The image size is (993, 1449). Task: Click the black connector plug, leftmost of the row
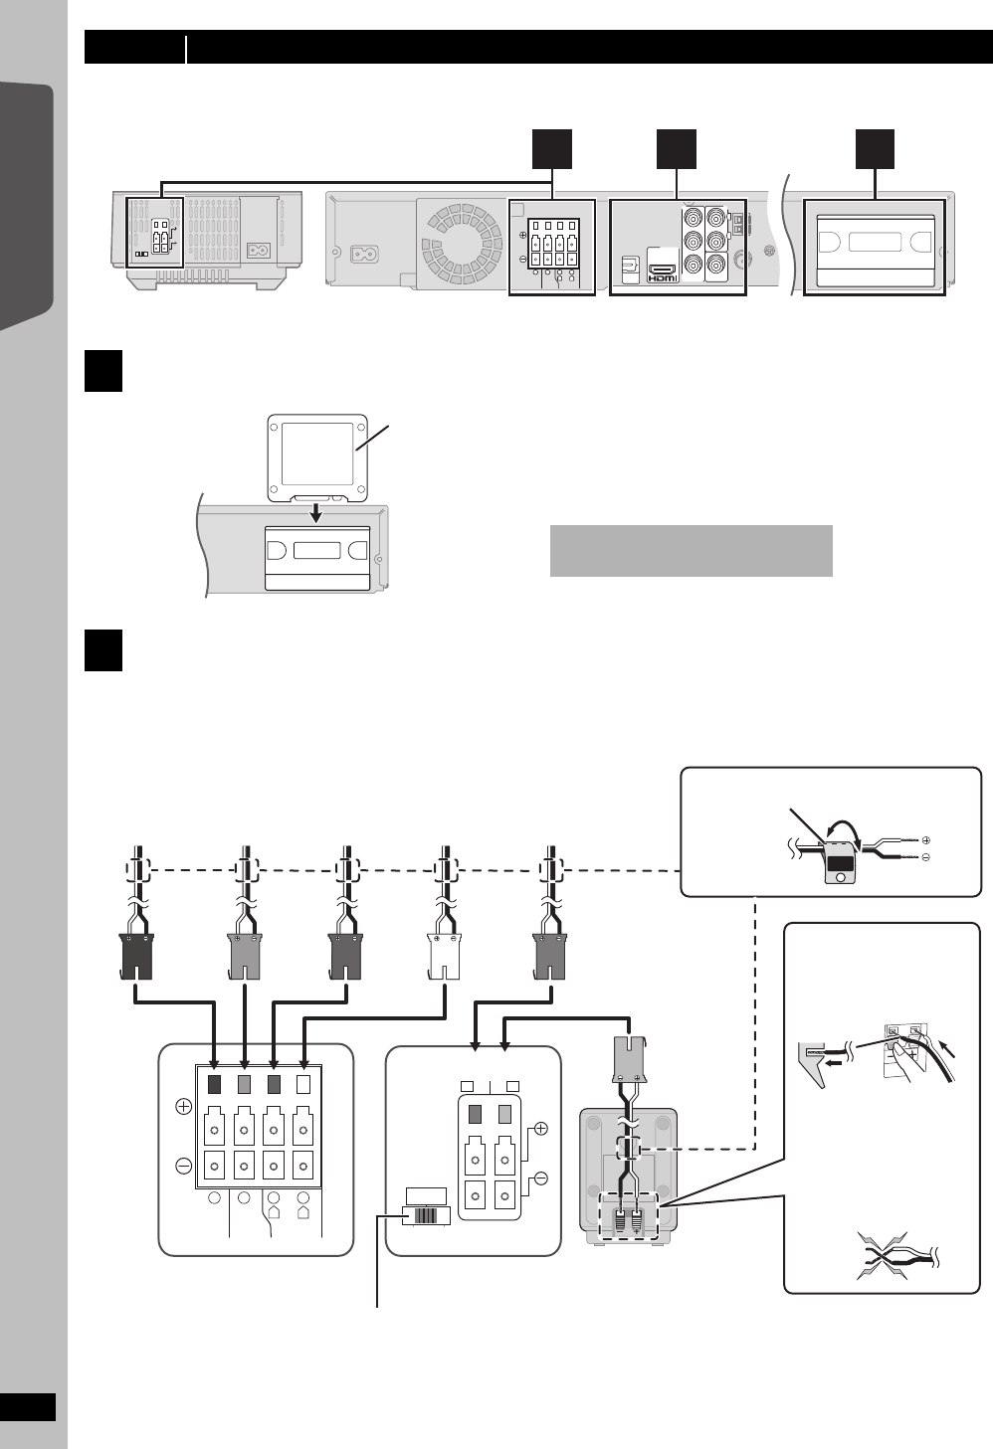(135, 952)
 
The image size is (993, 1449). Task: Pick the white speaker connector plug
(443, 952)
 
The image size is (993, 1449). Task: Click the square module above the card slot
(317, 456)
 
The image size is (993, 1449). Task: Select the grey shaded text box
(691, 550)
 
